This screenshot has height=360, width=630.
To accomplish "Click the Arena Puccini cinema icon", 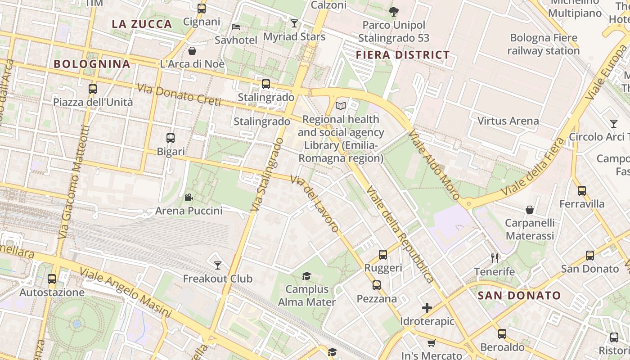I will click(189, 197).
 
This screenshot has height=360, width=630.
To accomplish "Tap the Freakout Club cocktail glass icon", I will click(218, 265).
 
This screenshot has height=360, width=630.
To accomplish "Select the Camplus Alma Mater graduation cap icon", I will click(306, 275).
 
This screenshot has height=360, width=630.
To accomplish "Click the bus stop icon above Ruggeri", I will click(382, 255).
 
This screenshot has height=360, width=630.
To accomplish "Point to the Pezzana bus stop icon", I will click(376, 285).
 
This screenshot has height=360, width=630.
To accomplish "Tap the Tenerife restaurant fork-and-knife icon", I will click(495, 258).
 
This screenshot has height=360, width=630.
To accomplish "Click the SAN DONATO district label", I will click(519, 296).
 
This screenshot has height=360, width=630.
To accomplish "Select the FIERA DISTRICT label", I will click(403, 55).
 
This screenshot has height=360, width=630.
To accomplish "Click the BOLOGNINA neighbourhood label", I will click(92, 64).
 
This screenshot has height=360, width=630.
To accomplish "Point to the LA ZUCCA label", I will click(142, 24).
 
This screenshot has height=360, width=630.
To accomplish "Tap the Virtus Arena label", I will click(508, 121).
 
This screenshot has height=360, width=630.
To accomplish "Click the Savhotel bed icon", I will click(236, 27).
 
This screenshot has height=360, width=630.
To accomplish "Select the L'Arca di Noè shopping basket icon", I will click(192, 51).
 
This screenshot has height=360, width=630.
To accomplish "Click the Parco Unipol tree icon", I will click(394, 11).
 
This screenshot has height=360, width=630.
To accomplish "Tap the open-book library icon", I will click(341, 106).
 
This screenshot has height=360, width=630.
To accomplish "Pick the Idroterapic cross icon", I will click(427, 308).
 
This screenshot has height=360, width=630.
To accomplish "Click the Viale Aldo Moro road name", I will click(434, 165).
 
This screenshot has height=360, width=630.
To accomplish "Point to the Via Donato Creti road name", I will click(179, 95).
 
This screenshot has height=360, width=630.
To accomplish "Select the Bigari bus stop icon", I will click(171, 138).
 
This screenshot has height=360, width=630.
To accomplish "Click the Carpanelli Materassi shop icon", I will click(530, 210).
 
